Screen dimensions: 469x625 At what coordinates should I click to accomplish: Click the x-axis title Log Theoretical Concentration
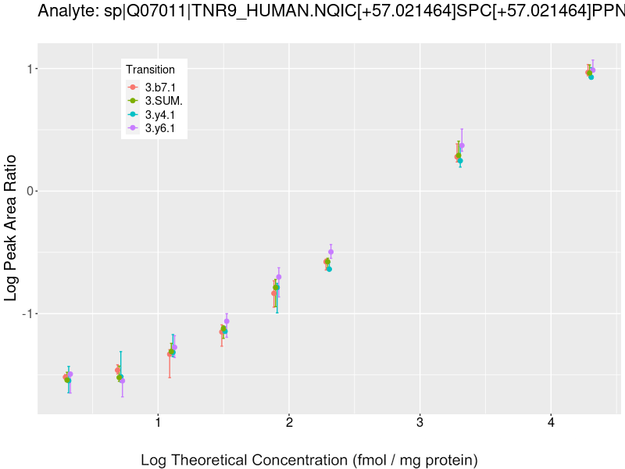[309, 460]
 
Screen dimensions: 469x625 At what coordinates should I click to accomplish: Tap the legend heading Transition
[150, 70]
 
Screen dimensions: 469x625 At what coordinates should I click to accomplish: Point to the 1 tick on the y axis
[32, 69]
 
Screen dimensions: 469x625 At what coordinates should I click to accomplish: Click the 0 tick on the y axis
[32, 191]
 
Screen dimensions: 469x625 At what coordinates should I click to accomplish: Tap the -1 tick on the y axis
[30, 313]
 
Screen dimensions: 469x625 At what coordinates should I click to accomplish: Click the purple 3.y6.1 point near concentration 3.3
[462, 145]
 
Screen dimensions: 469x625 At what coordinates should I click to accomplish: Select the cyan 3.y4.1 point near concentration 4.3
[591, 77]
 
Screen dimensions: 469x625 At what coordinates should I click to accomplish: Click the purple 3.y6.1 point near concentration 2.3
[331, 252]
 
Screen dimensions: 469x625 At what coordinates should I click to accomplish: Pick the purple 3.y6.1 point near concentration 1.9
[279, 277]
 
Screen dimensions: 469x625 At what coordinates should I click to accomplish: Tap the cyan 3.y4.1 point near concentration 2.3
[329, 269]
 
